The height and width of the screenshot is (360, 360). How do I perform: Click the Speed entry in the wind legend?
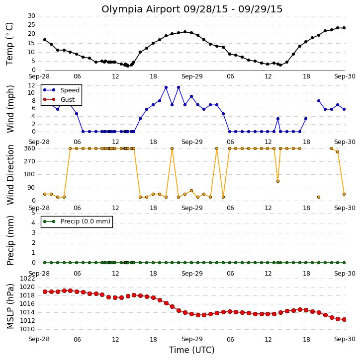pos(70,90)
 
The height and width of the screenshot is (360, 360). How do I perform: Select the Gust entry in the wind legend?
pos(68,100)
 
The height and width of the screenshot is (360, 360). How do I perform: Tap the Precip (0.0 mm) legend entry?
pos(86,221)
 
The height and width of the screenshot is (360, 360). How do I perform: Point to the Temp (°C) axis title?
pos(9,44)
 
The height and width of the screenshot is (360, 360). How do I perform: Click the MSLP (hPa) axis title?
pos(10,306)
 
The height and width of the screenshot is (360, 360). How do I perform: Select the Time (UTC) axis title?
pos(192,350)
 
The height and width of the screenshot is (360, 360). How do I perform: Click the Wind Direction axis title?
pos(10,174)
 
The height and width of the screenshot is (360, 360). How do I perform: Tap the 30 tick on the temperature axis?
pos(31,16)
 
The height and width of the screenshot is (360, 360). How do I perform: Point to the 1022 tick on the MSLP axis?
pos(27,279)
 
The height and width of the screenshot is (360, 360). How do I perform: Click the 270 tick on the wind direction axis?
pos(30,161)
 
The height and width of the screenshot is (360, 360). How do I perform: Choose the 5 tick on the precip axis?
pos(33,213)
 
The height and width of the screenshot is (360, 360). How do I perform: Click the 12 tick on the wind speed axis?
pos(31,85)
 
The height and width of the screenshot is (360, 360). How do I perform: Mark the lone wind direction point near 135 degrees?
pos(278,181)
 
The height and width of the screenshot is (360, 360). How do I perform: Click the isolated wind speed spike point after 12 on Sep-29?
pos(278,119)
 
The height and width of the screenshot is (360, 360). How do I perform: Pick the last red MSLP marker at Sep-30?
pos(344,320)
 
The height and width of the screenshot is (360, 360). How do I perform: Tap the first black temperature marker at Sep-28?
pos(45,40)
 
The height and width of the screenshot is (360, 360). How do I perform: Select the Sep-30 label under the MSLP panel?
pos(345,339)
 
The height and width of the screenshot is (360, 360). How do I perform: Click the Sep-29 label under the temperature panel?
pos(192,76)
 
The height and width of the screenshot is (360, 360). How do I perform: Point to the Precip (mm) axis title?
pos(10,240)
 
